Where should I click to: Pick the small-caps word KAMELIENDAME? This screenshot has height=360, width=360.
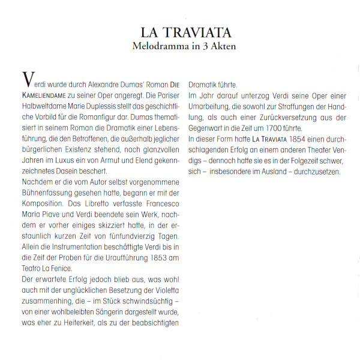tap(43, 95)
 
